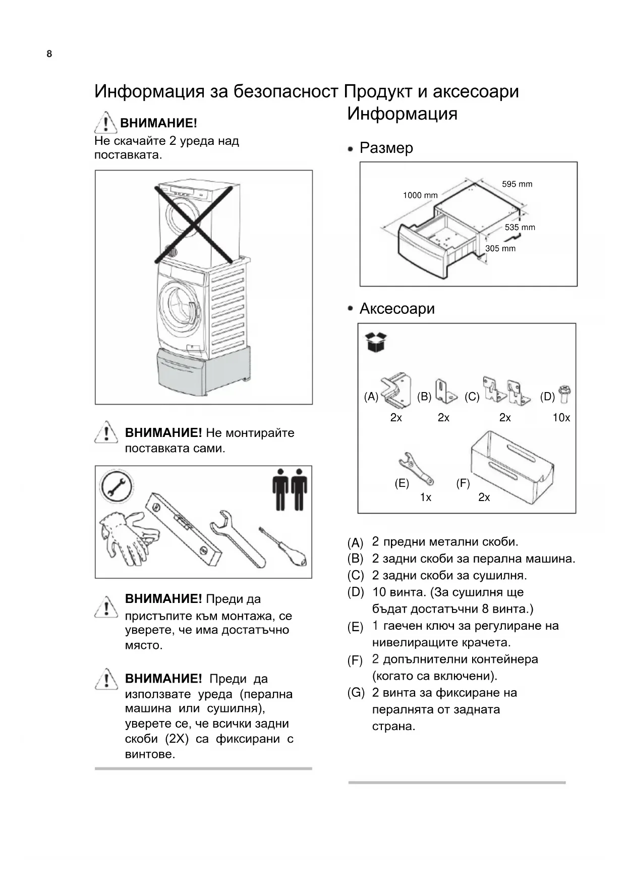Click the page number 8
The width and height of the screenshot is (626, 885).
(49, 54)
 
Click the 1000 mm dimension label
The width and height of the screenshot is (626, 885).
(420, 195)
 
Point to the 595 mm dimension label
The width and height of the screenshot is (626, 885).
(517, 184)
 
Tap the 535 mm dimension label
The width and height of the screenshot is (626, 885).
(520, 228)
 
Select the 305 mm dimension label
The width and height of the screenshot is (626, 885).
(500, 248)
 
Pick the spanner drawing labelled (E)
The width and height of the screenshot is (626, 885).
(416, 467)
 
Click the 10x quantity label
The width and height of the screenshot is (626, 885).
(561, 418)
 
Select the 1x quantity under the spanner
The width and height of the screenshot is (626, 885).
(426, 497)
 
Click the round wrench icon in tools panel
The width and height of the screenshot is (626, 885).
(117, 487)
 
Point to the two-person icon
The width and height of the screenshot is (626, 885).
(290, 489)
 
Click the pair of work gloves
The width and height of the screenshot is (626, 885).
(128, 536)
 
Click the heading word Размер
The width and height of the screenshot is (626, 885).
(386, 148)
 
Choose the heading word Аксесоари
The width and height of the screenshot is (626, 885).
(397, 308)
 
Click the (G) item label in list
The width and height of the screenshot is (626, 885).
(356, 693)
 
